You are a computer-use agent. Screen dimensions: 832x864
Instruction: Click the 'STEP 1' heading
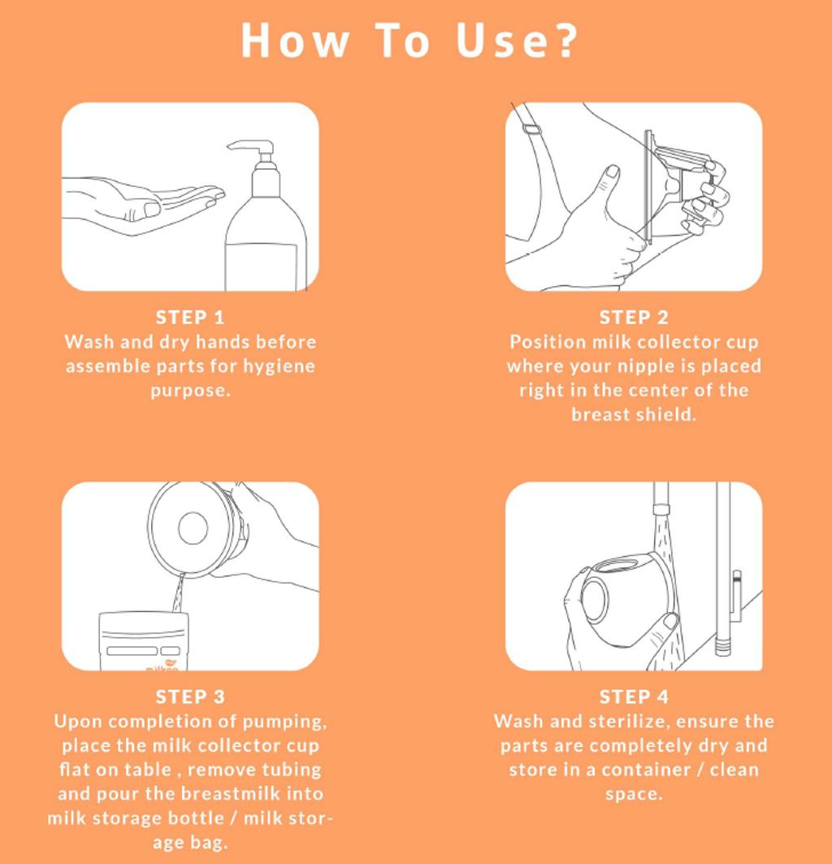pos(190,317)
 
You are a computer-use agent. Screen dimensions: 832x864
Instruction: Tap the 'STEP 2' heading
pos(634,317)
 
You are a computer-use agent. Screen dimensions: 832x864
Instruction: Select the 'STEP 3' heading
pos(190,697)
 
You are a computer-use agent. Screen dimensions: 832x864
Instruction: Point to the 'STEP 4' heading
pos(634,697)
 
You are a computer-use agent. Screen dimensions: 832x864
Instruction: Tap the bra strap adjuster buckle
pos(531,129)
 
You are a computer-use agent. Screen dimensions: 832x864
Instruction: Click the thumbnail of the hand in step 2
pos(613,171)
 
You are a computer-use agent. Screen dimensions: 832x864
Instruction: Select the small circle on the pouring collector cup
pos(193,528)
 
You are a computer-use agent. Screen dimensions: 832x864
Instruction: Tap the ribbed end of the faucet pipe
pos(723,647)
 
